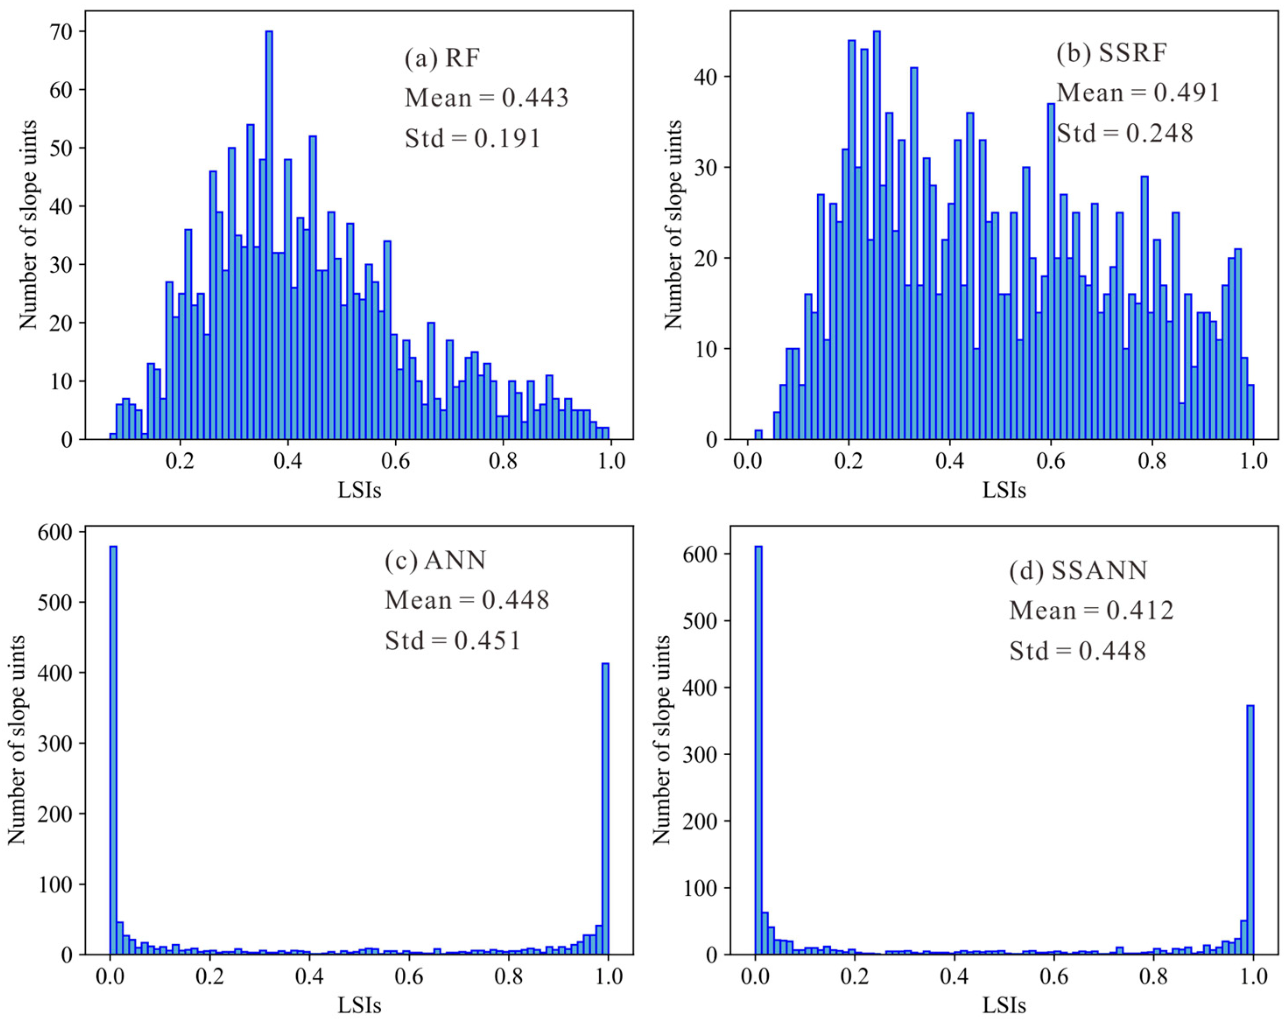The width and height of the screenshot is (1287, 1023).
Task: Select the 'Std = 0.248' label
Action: click(1125, 133)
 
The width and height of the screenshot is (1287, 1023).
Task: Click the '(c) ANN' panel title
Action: click(435, 561)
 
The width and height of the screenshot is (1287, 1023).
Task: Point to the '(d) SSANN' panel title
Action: click(1078, 571)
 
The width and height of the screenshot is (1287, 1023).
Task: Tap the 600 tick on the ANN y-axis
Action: click(54, 532)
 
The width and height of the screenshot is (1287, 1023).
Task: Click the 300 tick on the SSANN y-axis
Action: click(699, 755)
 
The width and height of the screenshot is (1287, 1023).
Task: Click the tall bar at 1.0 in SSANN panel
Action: click(1250, 829)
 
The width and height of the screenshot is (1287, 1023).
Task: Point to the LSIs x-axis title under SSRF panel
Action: click(1004, 490)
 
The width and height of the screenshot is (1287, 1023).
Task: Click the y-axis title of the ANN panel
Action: click(17, 739)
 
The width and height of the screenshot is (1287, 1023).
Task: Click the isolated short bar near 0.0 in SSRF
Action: click(758, 435)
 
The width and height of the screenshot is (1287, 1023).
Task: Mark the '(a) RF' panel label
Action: click(442, 59)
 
